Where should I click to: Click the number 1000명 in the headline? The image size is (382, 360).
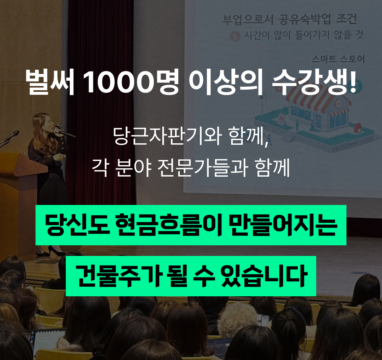(x=131, y=82)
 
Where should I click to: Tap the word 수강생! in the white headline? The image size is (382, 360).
(x=314, y=82)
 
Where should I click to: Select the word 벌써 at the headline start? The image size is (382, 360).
(x=50, y=82)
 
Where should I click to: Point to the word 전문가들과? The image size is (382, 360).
(x=203, y=168)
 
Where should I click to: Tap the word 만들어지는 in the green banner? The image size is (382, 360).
(x=283, y=225)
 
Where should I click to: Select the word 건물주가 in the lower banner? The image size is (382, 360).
(x=118, y=276)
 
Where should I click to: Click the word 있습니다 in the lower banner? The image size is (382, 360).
(x=263, y=276)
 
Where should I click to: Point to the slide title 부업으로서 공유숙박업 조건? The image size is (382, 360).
(x=290, y=19)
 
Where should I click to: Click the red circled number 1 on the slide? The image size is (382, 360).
(x=235, y=36)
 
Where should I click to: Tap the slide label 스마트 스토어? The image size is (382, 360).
(x=338, y=59)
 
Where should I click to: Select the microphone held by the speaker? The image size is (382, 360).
(x=65, y=132)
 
